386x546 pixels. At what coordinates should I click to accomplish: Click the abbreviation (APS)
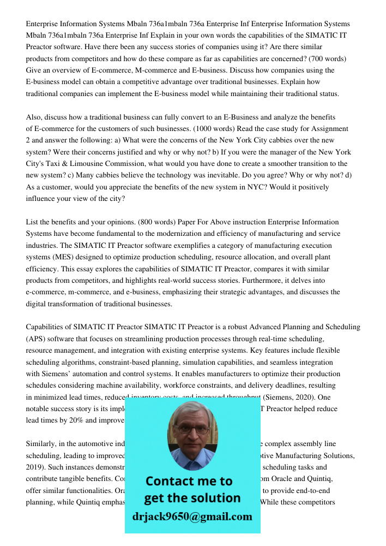coord(35,339)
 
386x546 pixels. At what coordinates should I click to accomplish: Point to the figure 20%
coord(77,420)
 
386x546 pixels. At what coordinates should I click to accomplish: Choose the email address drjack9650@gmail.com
coord(192,517)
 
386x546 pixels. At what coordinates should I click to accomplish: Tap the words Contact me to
coord(189,481)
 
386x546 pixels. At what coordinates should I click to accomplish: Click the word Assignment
coord(329,129)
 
